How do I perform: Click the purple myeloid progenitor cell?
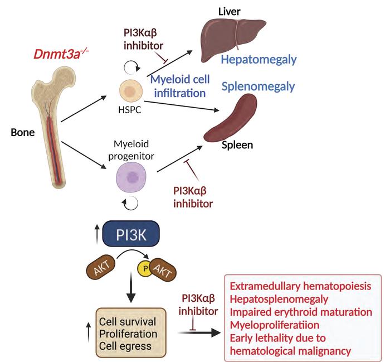point(132,178)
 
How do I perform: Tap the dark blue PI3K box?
point(132,235)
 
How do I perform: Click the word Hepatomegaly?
point(257,60)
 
